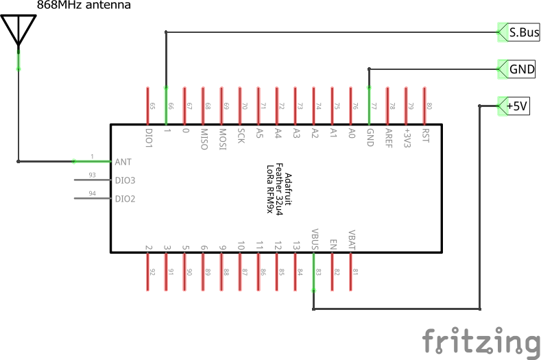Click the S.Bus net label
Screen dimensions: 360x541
tap(522, 32)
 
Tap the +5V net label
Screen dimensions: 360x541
tap(517, 106)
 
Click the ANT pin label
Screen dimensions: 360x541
tap(123, 163)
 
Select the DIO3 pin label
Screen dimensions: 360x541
tap(125, 181)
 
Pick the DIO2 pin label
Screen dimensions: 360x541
tap(125, 200)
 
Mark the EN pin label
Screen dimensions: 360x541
tap(333, 243)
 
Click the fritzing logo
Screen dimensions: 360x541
tap(480, 341)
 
